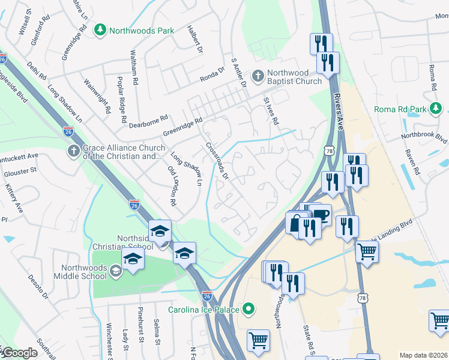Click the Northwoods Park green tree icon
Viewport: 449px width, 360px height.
click(x=100, y=30)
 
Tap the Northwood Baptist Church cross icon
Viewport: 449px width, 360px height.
click(x=258, y=76)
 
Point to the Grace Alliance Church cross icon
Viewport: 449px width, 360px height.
click(x=73, y=151)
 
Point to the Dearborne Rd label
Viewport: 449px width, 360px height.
click(x=147, y=119)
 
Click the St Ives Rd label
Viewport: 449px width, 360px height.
click(x=271, y=111)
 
